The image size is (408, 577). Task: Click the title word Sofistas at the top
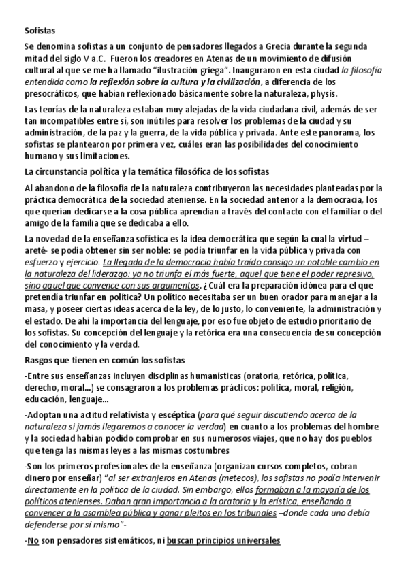point(40,30)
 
